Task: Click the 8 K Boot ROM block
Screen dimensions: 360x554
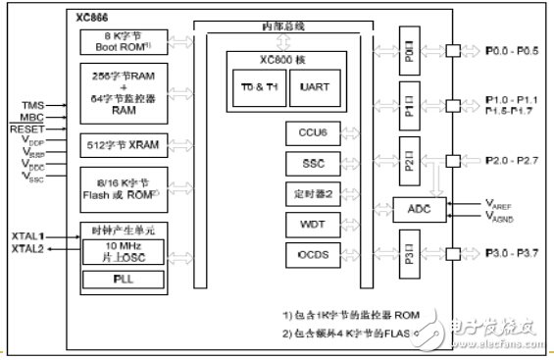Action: click(121, 40)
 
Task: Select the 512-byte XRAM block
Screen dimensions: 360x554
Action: click(121, 145)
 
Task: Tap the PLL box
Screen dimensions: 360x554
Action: click(122, 280)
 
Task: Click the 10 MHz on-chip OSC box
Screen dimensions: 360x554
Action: click(122, 249)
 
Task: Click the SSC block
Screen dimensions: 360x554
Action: click(305, 163)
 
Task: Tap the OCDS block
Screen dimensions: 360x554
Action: click(305, 256)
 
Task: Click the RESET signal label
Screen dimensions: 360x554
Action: click(27, 129)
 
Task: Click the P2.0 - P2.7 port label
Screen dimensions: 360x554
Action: click(512, 159)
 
